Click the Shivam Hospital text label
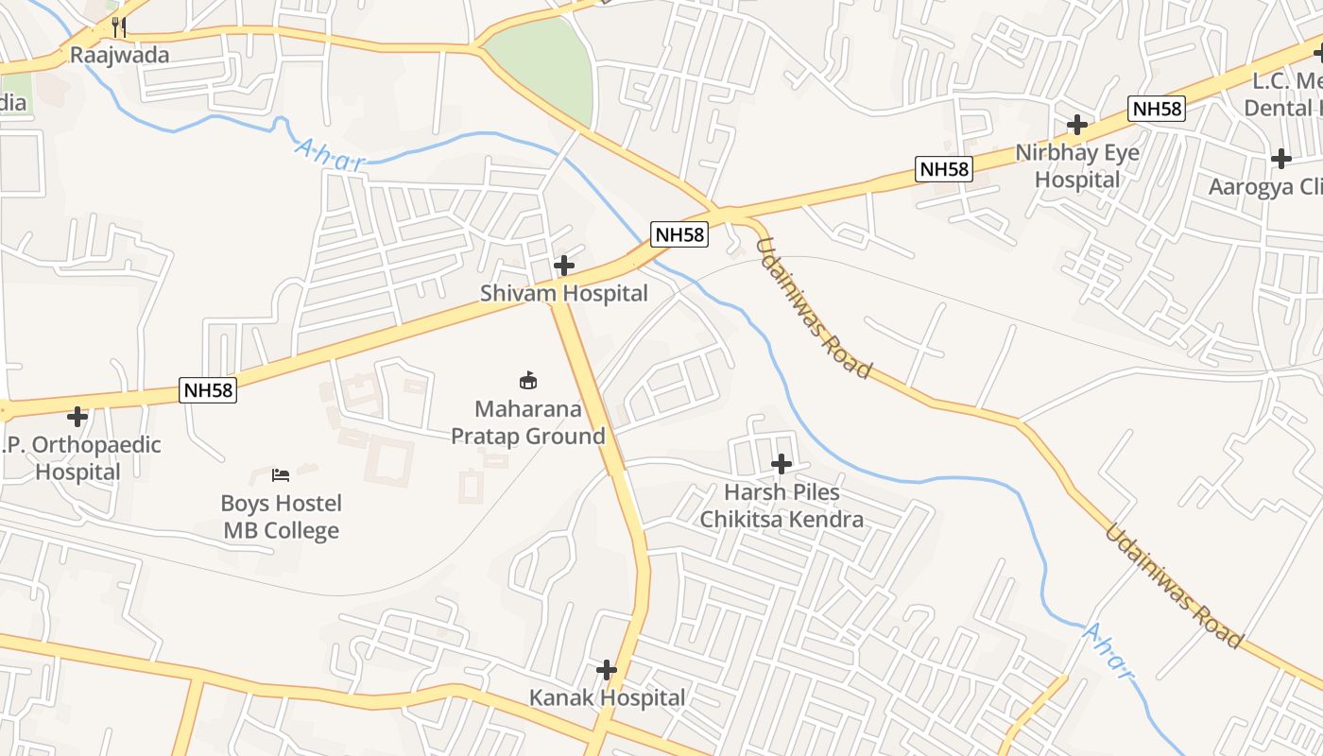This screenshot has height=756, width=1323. pyautogui.click(x=564, y=293)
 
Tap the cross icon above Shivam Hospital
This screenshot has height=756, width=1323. pyautogui.click(x=564, y=266)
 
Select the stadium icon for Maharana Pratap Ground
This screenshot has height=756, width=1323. pyautogui.click(x=528, y=380)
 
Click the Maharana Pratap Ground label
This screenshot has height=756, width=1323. pyautogui.click(x=527, y=422)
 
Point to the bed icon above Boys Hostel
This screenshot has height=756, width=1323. pyautogui.click(x=281, y=474)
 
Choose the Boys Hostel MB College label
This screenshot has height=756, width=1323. pyautogui.click(x=282, y=517)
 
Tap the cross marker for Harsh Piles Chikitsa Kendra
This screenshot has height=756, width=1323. pyautogui.click(x=782, y=464)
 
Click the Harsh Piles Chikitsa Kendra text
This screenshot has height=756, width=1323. pyautogui.click(x=782, y=506)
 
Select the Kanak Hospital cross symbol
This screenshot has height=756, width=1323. pyautogui.click(x=607, y=670)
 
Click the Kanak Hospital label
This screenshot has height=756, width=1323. pyautogui.click(x=607, y=698)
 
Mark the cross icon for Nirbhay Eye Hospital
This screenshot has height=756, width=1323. pyautogui.click(x=1076, y=124)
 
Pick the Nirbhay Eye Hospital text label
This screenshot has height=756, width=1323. pyautogui.click(x=1077, y=165)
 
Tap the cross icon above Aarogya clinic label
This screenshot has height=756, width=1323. pyautogui.click(x=1281, y=159)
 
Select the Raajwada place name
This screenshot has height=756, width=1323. pyautogui.click(x=120, y=55)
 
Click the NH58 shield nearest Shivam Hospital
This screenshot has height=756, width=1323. pyautogui.click(x=679, y=234)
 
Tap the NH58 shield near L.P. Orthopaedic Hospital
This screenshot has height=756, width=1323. pyautogui.click(x=208, y=389)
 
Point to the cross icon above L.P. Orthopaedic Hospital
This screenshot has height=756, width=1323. pyautogui.click(x=77, y=416)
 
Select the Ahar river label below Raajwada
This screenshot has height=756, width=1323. pyautogui.click(x=330, y=154)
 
